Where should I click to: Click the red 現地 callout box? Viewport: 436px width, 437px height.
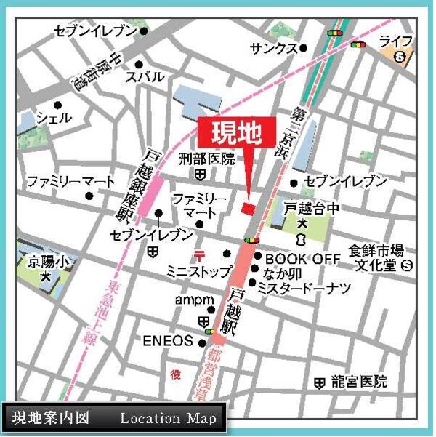pyautogui.click(x=236, y=133)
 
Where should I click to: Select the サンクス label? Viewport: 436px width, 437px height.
pyautogui.click(x=272, y=48)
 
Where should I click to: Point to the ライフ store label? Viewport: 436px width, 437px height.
pyautogui.click(x=395, y=40)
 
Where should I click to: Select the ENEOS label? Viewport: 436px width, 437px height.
pyautogui.click(x=168, y=340)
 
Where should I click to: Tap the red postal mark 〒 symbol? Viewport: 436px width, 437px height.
pyautogui.click(x=197, y=254)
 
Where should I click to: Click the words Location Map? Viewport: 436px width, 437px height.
pyautogui.click(x=169, y=419)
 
